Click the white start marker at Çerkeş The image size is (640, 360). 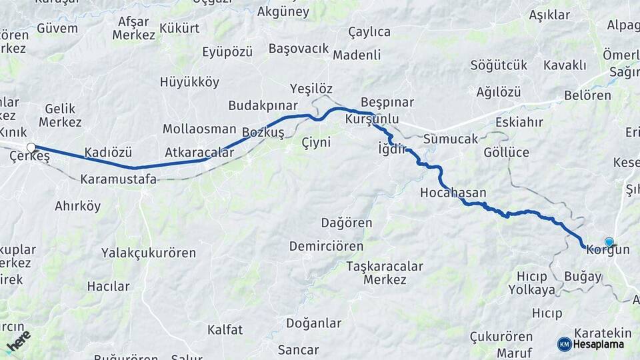click(x=31, y=147)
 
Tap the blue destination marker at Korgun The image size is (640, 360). click(x=609, y=242)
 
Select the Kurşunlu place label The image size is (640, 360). click(x=372, y=119)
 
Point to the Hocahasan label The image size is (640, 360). click(x=453, y=193)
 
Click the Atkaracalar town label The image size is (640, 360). click(x=199, y=153)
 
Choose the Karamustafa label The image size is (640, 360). click(x=118, y=179)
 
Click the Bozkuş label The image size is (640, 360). click(x=263, y=133)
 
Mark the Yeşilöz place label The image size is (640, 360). click(x=311, y=89)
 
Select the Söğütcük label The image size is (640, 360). click(x=499, y=65)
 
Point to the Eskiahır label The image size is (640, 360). click(x=519, y=123)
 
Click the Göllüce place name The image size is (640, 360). click(x=506, y=153)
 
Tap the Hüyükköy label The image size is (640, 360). click(x=189, y=83)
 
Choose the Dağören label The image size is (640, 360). click(x=347, y=223)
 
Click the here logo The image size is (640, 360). click(x=19, y=341)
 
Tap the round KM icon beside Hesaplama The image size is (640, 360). click(x=565, y=344)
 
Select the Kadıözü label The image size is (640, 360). click(x=109, y=153)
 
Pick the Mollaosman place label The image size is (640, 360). click(x=199, y=129)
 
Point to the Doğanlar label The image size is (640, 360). click(x=313, y=323)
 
